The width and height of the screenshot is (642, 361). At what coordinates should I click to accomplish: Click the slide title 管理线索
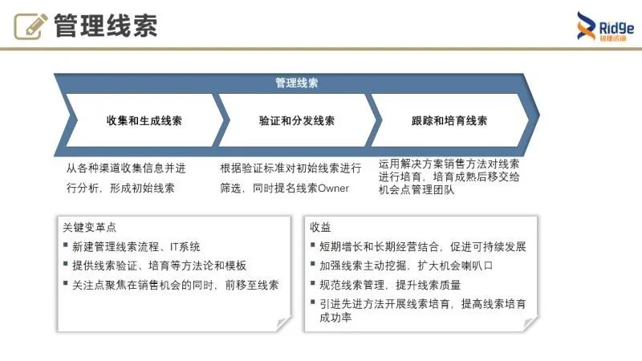[105, 26]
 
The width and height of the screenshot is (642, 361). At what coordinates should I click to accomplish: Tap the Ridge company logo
[605, 28]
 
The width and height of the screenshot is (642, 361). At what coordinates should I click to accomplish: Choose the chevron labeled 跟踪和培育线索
[449, 121]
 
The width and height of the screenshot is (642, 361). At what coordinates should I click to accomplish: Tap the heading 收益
[320, 228]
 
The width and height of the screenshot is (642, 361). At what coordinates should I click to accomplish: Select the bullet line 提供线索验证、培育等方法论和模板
[159, 266]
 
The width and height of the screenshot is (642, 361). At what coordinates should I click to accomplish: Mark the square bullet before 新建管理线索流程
[65, 247]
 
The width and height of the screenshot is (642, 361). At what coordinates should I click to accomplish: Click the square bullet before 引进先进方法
[312, 304]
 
